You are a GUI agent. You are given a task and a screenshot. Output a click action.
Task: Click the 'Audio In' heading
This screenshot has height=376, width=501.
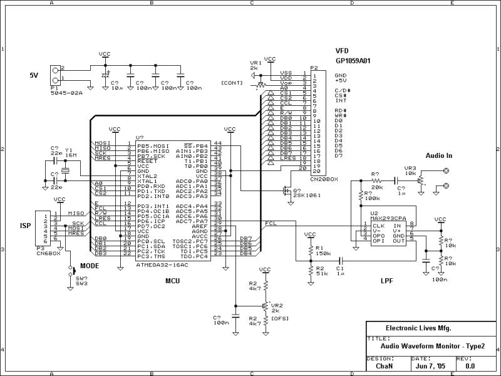pos(440,155)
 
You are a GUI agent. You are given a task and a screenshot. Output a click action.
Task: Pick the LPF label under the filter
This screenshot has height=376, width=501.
pos(388,281)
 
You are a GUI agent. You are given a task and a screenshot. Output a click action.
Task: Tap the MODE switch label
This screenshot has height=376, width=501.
pos(90,266)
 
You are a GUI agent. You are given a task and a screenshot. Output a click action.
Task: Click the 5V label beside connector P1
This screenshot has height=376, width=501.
pos(34,75)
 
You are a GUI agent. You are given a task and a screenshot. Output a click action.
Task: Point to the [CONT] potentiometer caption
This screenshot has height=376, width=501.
pos(232,82)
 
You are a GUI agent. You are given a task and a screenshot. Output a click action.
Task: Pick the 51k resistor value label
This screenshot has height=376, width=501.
pos(322,273)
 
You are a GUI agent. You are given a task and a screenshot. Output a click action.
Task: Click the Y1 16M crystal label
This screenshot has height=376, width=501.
pos(71,152)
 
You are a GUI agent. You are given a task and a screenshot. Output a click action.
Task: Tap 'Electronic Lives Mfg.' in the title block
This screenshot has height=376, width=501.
pos(418,328)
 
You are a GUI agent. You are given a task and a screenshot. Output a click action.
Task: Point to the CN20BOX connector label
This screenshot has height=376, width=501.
pos(323,179)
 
